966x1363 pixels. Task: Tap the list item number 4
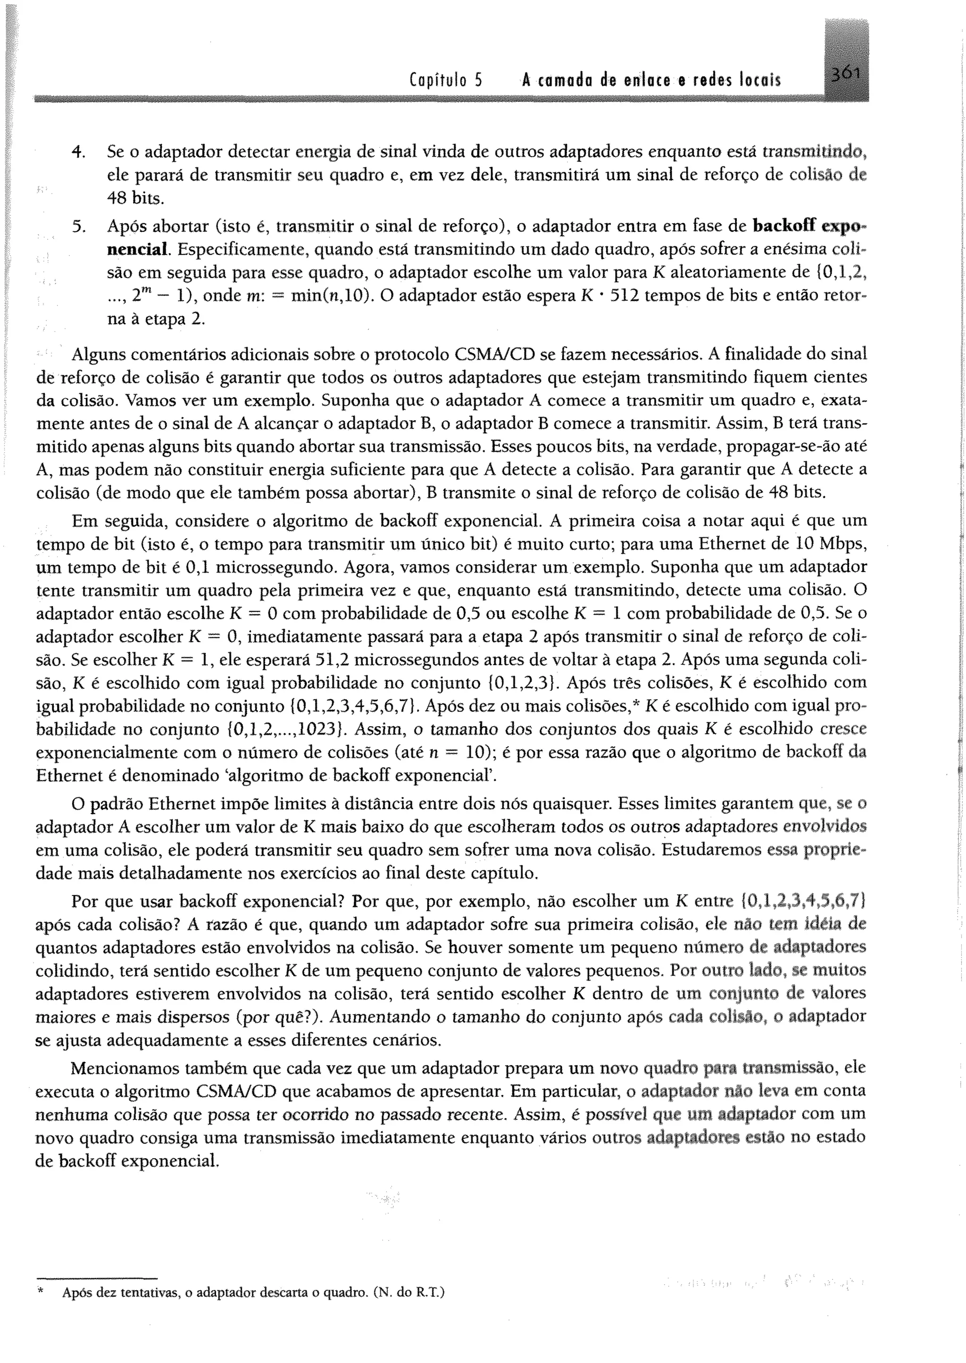coord(76,152)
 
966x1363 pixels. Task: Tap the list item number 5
coord(77,227)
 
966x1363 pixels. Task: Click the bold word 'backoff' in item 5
coord(784,226)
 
